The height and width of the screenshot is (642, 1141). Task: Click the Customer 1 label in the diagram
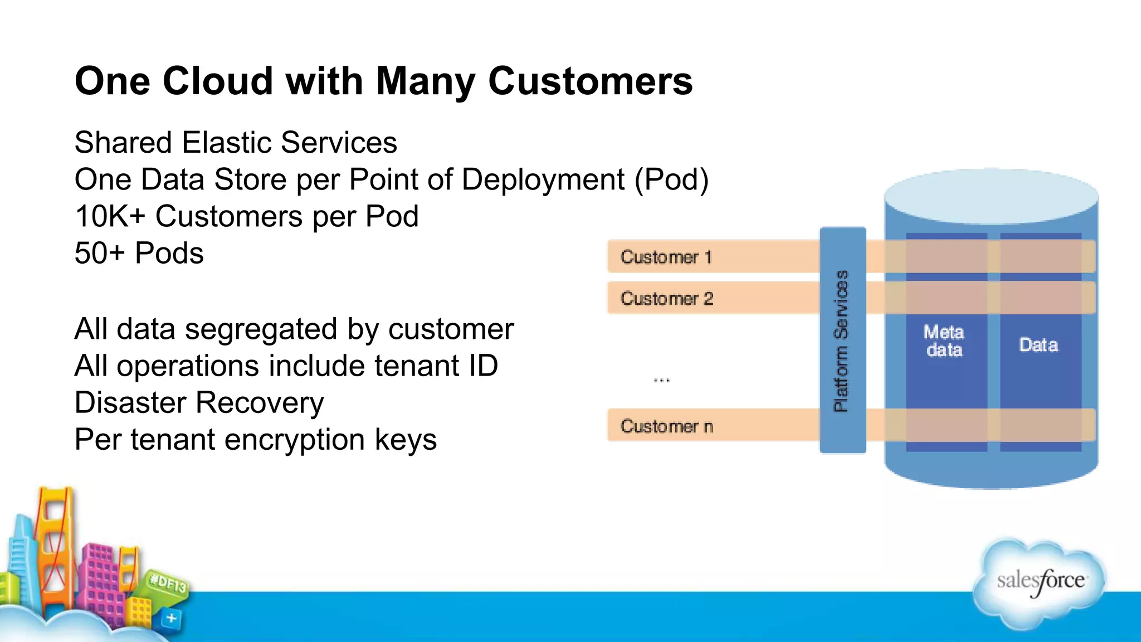[666, 257]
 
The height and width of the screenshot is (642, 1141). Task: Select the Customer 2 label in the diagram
[666, 299]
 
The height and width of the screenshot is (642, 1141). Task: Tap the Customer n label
[666, 426]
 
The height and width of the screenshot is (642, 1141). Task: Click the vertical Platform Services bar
[842, 341]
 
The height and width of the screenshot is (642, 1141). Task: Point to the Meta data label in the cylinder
[943, 341]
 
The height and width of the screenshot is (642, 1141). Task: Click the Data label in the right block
[1038, 345]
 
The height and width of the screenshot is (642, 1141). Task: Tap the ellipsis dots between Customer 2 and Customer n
[661, 380]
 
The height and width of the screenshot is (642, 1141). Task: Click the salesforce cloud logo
[1040, 582]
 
